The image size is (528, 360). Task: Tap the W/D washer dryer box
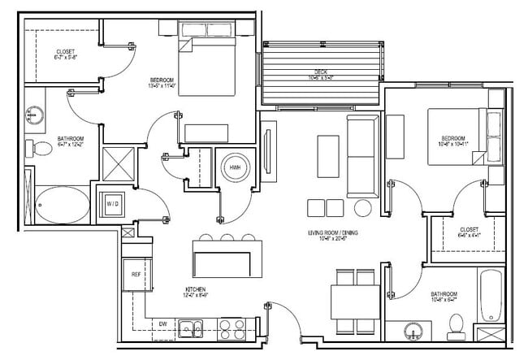pos(110,202)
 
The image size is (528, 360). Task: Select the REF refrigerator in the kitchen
pos(136,275)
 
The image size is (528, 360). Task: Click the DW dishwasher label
pos(162,323)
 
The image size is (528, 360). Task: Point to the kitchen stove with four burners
pos(233,328)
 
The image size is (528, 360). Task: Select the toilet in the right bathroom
pos(455,327)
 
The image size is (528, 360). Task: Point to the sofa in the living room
pos(361,155)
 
